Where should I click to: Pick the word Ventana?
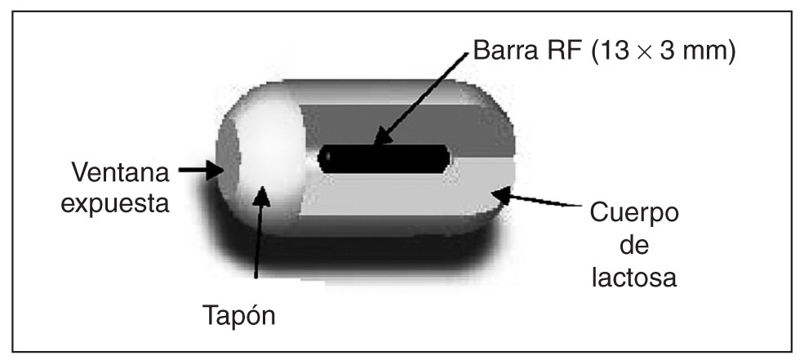tap(120, 174)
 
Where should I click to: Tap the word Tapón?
tap(239, 315)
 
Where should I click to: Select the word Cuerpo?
tap(634, 216)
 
